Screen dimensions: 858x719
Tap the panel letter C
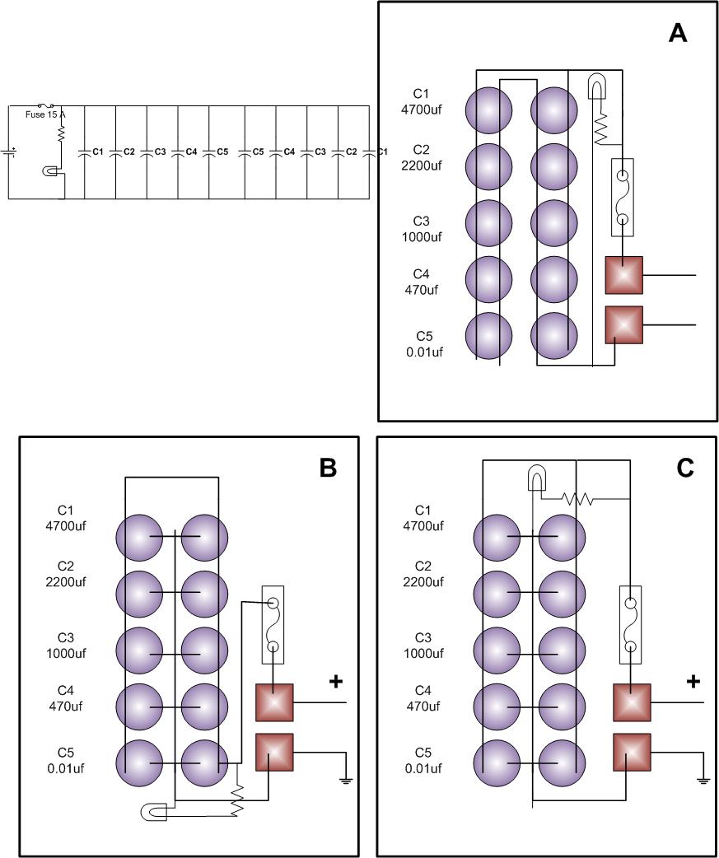tap(685, 468)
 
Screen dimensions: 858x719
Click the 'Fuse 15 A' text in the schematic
tap(45, 114)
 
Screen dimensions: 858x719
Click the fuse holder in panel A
tap(623, 198)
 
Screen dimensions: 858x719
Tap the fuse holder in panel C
tap(630, 625)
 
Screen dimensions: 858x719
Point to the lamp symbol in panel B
tap(154, 813)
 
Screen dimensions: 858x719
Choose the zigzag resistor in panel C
tap(577, 498)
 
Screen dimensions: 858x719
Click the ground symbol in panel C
tap(703, 779)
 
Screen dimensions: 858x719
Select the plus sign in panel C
tap(693, 682)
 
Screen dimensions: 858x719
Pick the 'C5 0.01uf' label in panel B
tap(72, 760)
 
